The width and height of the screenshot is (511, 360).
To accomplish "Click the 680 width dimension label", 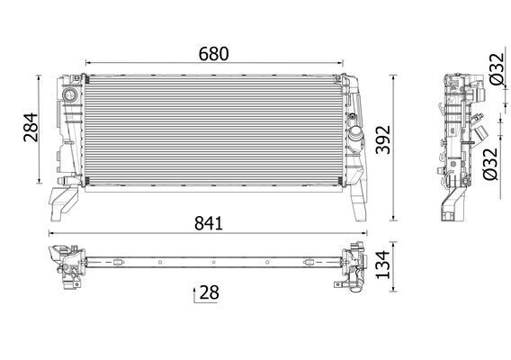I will coord(212,53).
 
